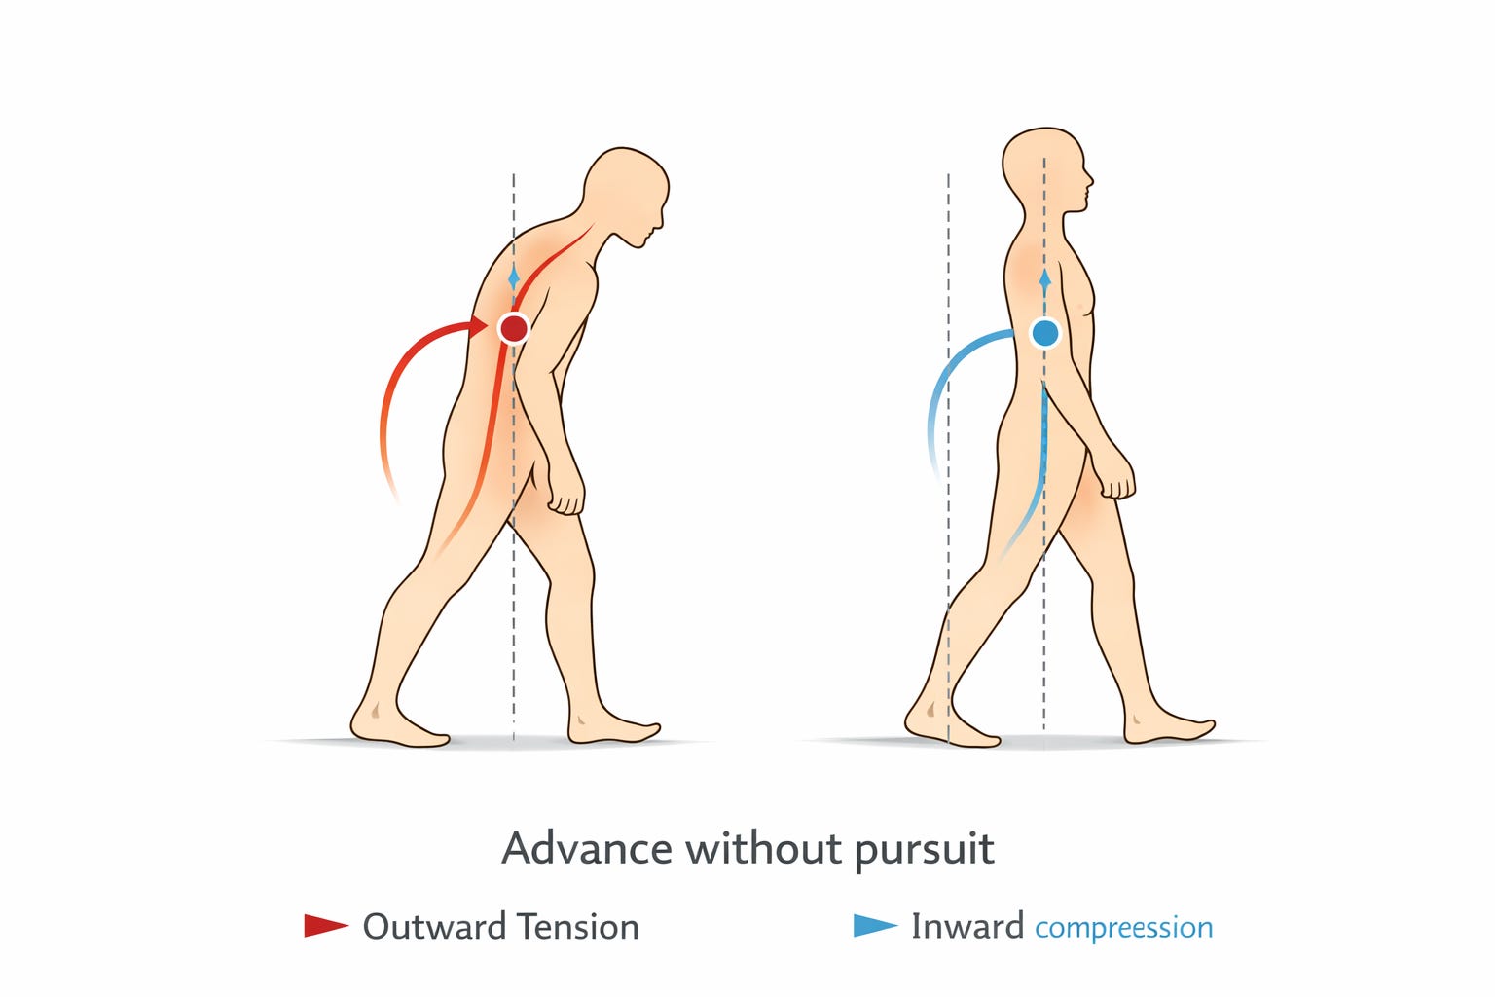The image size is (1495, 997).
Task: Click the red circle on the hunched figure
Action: coord(513,328)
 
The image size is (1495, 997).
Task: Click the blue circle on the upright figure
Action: coord(1045,333)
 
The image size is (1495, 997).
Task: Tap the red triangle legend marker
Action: coord(326,926)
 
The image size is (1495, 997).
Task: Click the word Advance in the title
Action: coord(587,849)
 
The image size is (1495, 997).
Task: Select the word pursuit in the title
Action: coord(925,851)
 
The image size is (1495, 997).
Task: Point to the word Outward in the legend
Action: coord(434,927)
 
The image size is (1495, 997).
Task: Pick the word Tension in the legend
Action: coord(578,927)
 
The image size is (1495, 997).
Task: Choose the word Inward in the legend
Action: coord(967,926)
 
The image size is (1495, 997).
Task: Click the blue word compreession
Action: coord(1124,929)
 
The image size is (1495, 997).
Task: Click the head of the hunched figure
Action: coord(626,195)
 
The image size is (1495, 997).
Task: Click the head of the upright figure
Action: coord(1046,171)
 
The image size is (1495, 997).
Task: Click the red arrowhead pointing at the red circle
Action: coord(479,327)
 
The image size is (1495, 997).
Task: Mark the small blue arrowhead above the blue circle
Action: coord(1045,279)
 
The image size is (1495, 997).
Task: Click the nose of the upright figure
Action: coord(1089,180)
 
